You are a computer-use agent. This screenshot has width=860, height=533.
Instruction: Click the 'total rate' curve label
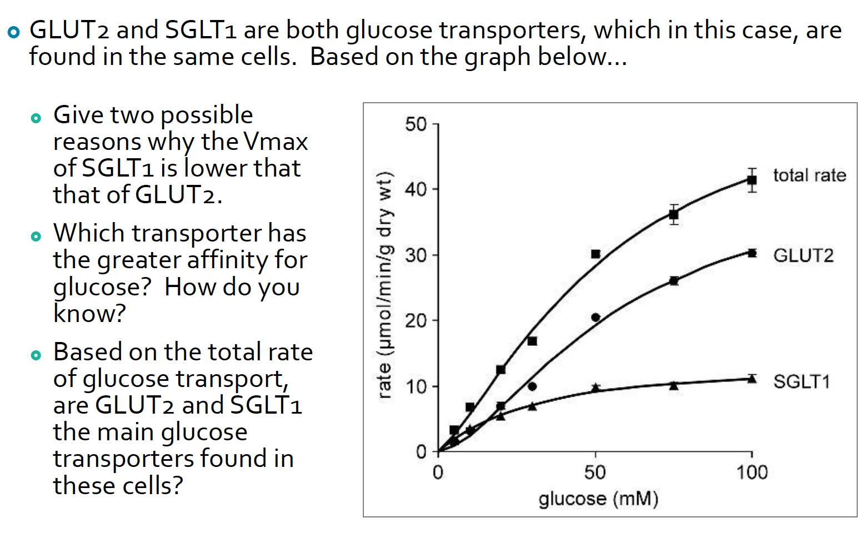[x=809, y=175]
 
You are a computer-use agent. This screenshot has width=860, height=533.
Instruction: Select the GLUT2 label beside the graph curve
[x=803, y=255]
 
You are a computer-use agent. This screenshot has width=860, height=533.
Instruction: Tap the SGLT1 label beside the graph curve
[x=802, y=381]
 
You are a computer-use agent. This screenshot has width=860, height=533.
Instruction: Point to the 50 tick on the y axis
[x=416, y=124]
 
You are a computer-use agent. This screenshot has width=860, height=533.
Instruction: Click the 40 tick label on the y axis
[x=416, y=189]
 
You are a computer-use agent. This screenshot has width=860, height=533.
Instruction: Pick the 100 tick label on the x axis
[x=752, y=472]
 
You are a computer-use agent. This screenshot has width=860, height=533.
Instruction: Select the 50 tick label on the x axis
[x=594, y=472]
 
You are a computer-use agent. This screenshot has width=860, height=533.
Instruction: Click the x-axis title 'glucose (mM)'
[x=598, y=499]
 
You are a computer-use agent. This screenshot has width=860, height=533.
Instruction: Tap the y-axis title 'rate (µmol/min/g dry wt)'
[x=384, y=285]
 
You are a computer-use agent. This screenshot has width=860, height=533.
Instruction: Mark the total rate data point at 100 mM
[x=752, y=180]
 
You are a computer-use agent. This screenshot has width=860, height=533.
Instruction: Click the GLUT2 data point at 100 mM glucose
[x=752, y=253]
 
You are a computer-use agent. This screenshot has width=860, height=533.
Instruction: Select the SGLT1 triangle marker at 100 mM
[x=752, y=379]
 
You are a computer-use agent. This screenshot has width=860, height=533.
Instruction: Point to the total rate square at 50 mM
[x=596, y=254]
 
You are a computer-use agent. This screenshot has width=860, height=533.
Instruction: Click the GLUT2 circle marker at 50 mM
[x=596, y=318]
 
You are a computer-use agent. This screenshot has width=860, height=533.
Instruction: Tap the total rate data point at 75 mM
[x=674, y=214]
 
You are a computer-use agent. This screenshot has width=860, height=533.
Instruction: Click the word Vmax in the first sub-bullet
[x=276, y=142]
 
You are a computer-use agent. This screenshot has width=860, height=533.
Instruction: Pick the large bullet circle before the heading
[x=13, y=33]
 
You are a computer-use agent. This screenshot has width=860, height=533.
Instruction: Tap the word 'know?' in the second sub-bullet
[x=89, y=314]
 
